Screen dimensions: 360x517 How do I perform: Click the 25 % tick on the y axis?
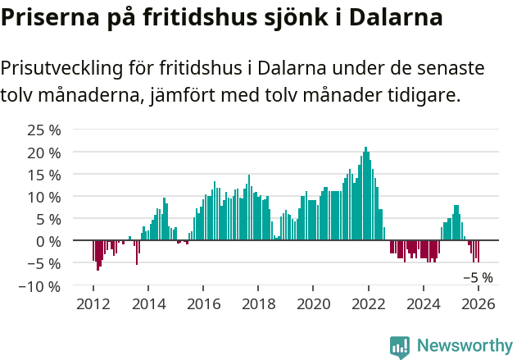tap(43, 130)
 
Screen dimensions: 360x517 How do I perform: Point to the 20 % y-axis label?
tap(43, 153)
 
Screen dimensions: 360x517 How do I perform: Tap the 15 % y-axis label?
tap(43, 175)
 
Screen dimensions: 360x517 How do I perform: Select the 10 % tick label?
tap(43, 197)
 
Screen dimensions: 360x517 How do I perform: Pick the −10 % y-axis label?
tap(39, 286)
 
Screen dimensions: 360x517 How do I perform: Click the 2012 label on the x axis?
tap(93, 304)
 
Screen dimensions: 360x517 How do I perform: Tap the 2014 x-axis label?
tap(148, 304)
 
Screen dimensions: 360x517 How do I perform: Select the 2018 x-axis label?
tap(258, 304)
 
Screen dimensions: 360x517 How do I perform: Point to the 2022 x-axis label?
tap(368, 304)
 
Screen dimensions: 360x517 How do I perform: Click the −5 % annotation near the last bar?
tap(478, 278)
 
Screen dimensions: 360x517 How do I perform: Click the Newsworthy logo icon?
tap(400, 347)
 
